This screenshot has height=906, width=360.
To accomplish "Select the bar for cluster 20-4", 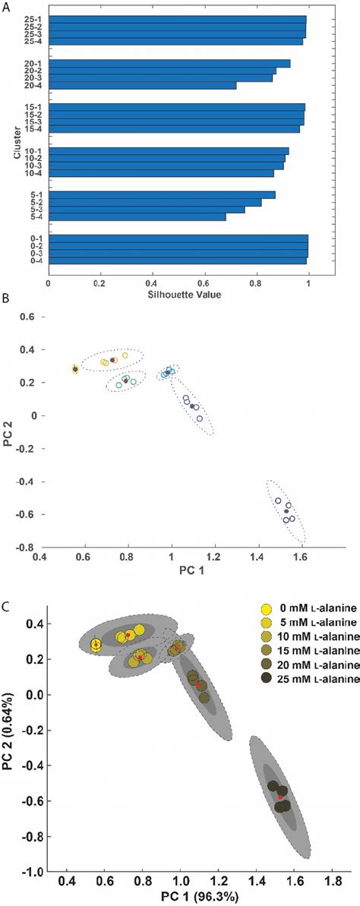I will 143,85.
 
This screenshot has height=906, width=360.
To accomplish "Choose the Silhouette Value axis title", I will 178,294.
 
